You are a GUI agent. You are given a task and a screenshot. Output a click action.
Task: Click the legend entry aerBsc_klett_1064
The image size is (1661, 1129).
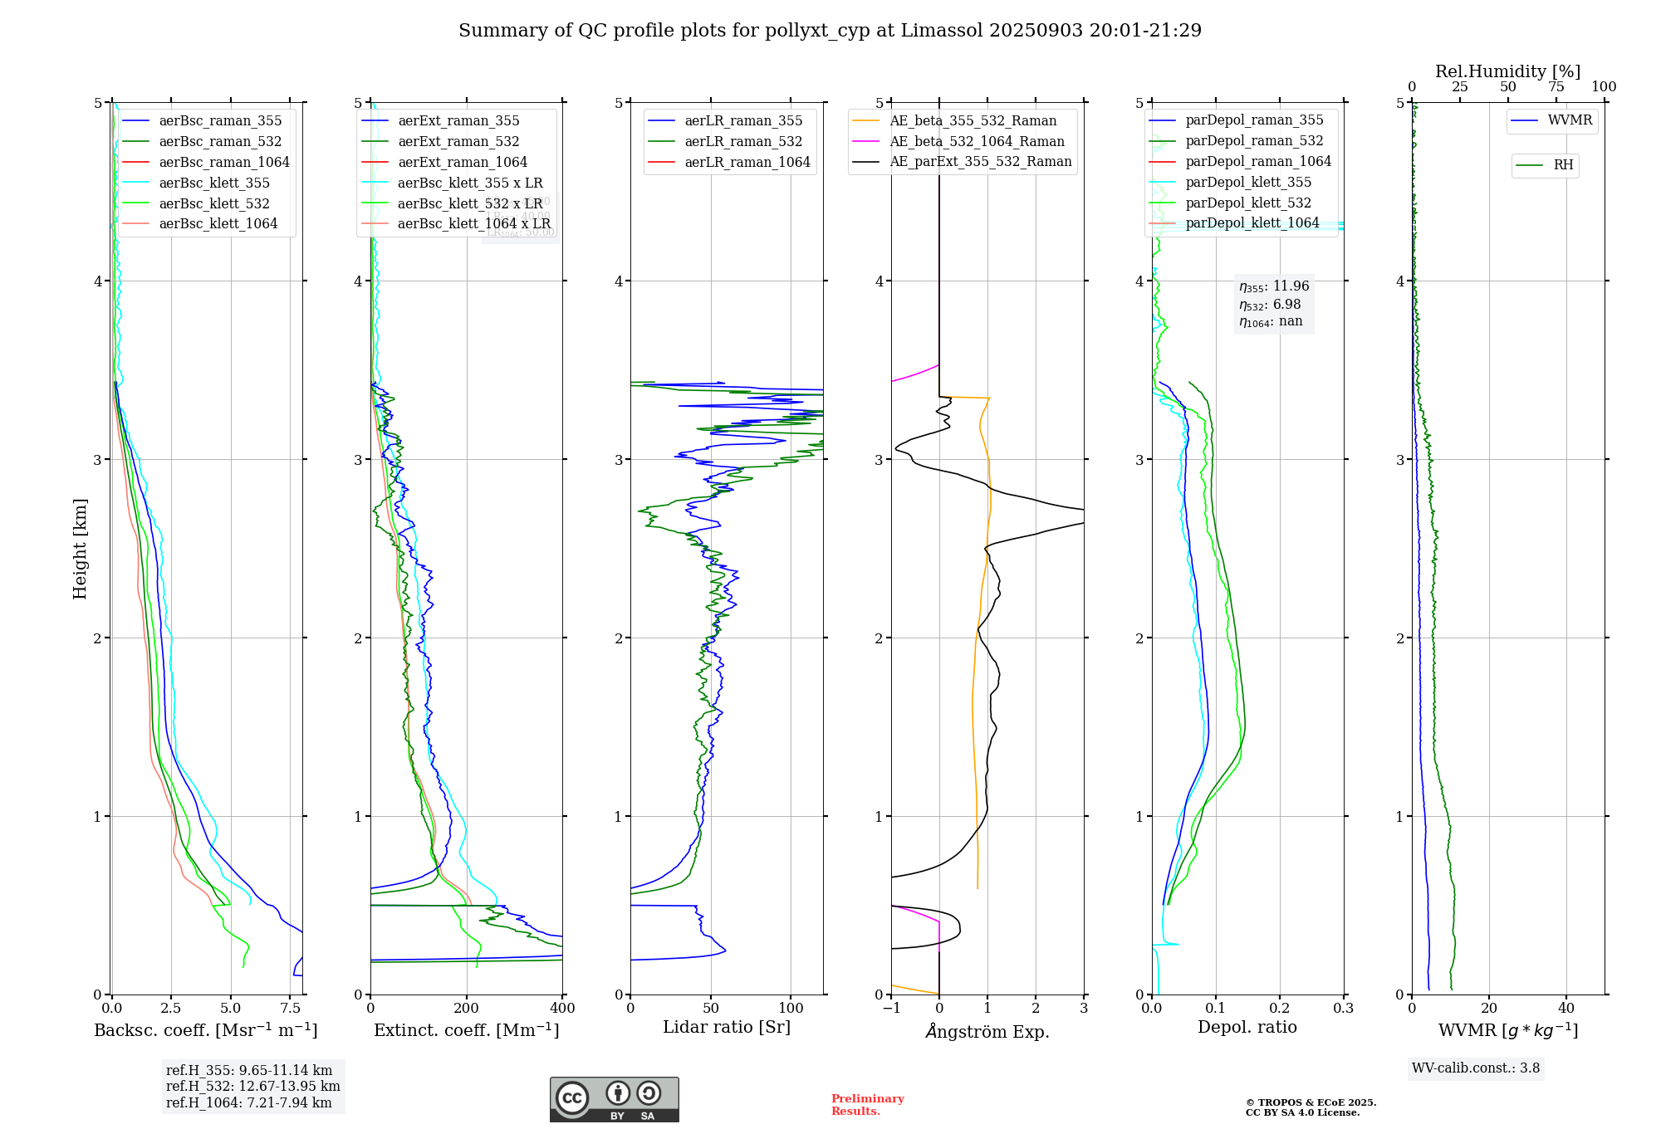coord(218,224)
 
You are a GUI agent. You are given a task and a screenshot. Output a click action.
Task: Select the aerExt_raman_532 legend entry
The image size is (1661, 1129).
coord(458,142)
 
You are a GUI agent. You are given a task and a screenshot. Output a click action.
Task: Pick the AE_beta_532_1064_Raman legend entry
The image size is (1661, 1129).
coord(977,142)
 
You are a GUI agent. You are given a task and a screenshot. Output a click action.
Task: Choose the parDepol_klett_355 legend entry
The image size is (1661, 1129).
coord(1248,183)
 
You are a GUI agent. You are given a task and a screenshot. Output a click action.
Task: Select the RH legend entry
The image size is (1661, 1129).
coord(1563,166)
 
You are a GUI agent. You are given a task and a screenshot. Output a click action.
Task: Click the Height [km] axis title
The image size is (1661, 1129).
coord(80,549)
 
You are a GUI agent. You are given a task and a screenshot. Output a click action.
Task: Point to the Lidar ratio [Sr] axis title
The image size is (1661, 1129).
coord(727,1028)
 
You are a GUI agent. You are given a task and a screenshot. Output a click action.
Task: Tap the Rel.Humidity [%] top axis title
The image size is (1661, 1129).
coord(1507,72)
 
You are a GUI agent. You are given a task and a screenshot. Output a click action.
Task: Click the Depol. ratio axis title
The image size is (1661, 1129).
coord(1247,1028)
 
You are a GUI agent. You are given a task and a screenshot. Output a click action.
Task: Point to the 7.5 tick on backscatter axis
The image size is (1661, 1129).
coord(291,1009)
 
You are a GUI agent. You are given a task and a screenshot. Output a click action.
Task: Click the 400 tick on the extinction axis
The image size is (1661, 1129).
coord(562,1009)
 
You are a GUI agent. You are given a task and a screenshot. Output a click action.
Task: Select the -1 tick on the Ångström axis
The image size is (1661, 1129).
coord(891,1009)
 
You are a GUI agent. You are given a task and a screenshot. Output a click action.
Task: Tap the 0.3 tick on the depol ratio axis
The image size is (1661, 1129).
coord(1343,1009)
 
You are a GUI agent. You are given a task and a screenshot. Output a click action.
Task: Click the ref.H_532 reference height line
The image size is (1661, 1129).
coord(252,1087)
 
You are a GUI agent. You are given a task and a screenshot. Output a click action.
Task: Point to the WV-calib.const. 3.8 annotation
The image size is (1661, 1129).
coord(1476,1068)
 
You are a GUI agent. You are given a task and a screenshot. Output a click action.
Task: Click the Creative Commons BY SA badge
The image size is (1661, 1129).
coord(614,1100)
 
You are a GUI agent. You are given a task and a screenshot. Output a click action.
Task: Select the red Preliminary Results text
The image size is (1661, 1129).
coord(867,1105)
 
